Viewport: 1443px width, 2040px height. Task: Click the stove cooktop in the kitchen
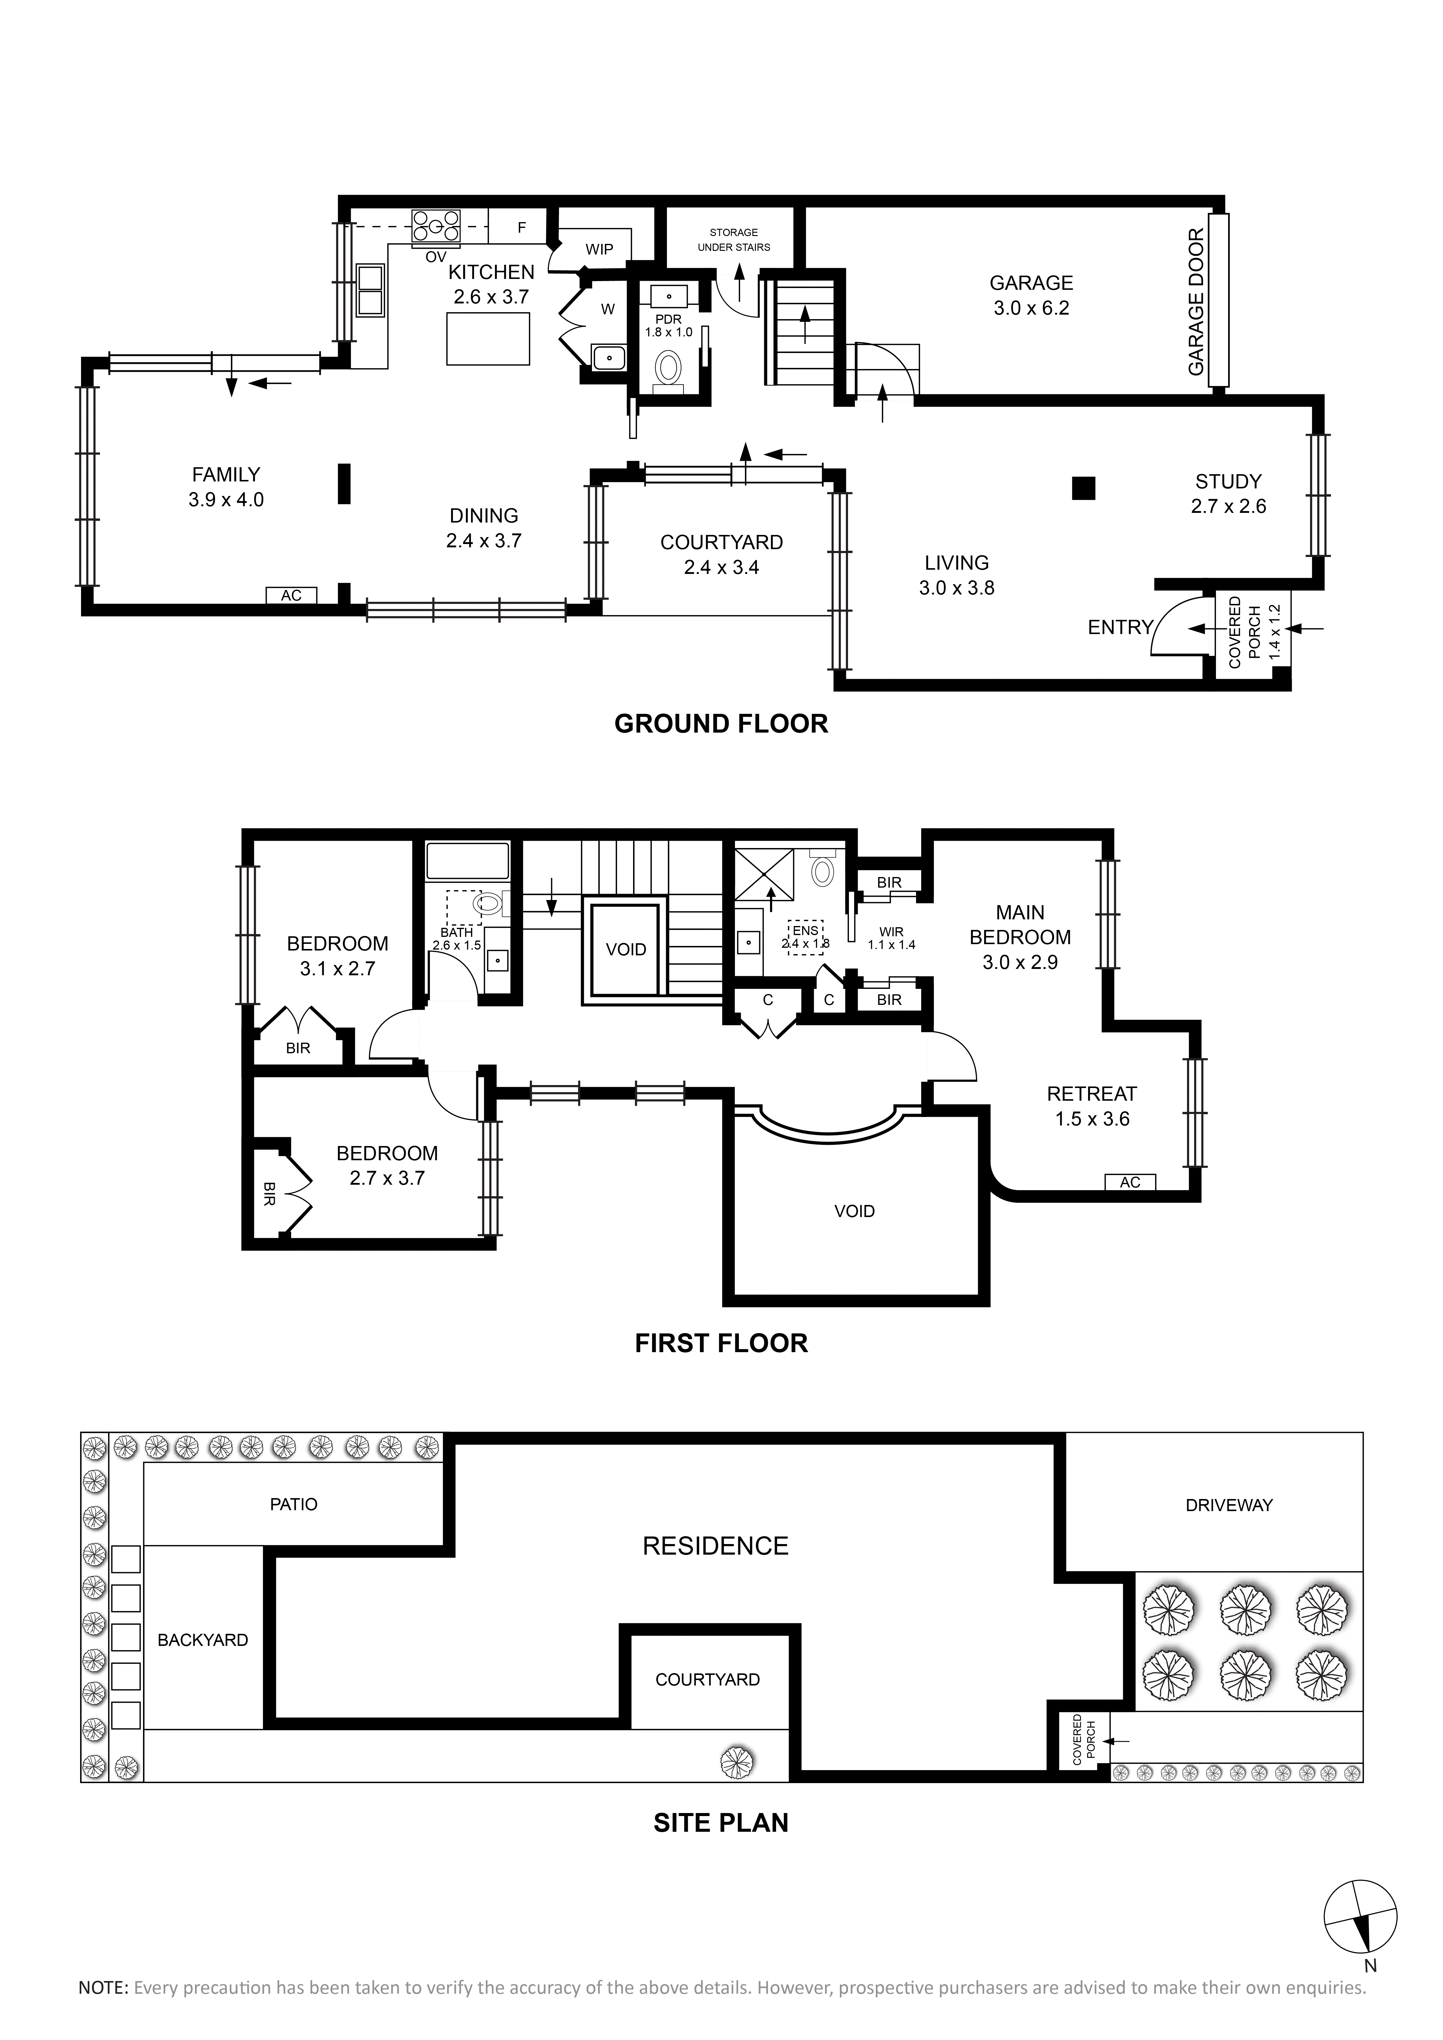pyautogui.click(x=435, y=227)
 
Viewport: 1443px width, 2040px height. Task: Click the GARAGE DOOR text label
pyautogui.click(x=1196, y=302)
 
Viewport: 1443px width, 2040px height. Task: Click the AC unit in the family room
pyautogui.click(x=291, y=595)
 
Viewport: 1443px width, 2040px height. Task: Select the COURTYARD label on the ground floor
pyautogui.click(x=721, y=542)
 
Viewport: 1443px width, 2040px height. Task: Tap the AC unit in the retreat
pyautogui.click(x=1130, y=1182)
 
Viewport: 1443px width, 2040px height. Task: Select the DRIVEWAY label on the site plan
pyautogui.click(x=1229, y=1505)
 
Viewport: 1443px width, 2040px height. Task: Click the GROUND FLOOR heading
pyautogui.click(x=721, y=724)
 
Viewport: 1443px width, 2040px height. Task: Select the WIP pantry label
pyautogui.click(x=599, y=250)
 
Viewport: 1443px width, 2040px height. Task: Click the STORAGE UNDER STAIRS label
pyautogui.click(x=734, y=240)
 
